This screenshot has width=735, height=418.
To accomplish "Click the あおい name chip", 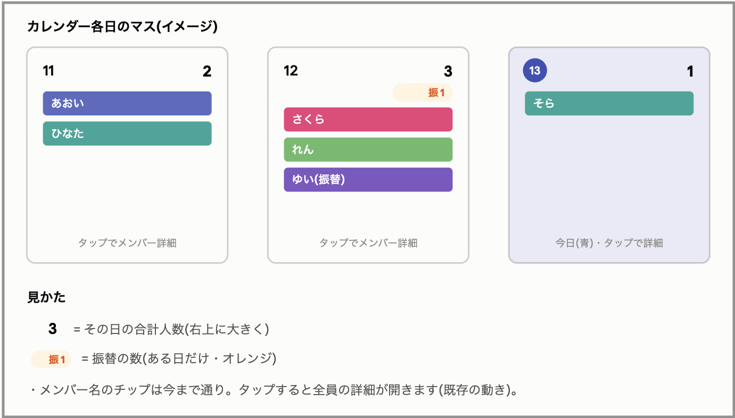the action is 127,103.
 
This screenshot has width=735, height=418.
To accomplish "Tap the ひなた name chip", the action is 127,133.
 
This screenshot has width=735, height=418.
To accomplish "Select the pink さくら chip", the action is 368,119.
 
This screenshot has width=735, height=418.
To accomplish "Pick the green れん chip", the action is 368,149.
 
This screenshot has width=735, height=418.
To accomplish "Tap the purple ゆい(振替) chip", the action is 368,180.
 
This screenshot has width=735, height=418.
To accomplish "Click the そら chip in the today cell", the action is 609,103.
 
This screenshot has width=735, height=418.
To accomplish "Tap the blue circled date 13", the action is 535,70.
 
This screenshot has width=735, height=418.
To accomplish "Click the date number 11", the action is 48,71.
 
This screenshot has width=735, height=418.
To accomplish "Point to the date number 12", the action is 291,71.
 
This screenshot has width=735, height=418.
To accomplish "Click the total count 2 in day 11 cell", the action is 207,71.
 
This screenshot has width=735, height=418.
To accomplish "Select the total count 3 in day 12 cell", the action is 448,71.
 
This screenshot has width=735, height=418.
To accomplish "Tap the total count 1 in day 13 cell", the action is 690,71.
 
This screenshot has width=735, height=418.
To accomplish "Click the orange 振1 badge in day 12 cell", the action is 423,93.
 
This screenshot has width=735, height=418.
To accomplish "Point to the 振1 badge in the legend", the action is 51,360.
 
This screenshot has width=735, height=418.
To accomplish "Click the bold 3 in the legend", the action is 53,329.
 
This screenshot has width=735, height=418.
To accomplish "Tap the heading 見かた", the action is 46,297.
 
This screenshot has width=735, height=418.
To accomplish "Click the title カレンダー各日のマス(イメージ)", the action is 122,26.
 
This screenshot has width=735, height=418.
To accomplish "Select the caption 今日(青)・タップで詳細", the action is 609,243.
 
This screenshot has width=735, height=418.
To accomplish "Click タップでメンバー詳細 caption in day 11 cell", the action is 127,243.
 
